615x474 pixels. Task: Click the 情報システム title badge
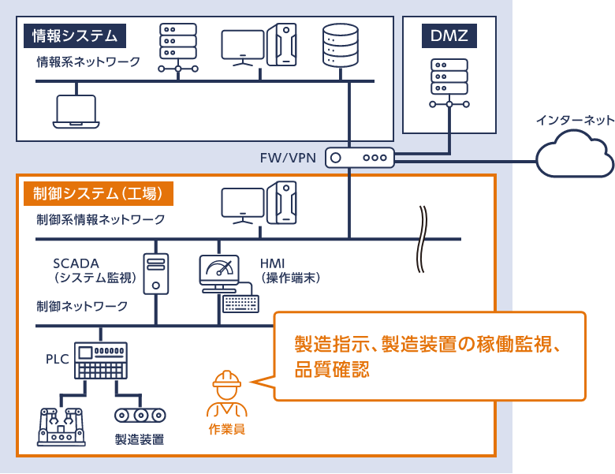pos(75,35)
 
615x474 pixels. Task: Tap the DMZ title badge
pos(449,35)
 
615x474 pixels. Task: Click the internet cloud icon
pos(574,154)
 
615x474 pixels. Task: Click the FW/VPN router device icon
pos(360,158)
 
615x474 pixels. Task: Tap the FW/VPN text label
pos(288,158)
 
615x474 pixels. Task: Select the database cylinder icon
pos(341,45)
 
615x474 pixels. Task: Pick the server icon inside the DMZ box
pos(449,83)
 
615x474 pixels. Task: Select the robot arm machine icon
pos(61,426)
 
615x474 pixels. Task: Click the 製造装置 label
pos(139,439)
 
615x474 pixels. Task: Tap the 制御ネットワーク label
pos(82,306)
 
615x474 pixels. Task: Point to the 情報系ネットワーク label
pos(88,61)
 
